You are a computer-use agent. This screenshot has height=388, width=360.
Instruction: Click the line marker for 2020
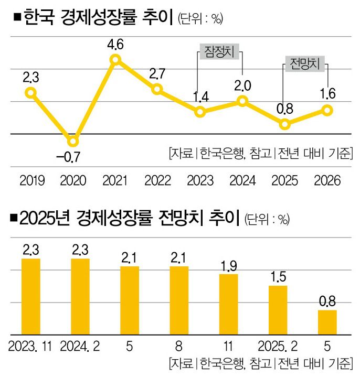[73, 141]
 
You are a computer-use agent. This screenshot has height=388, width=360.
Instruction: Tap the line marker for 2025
[285, 124]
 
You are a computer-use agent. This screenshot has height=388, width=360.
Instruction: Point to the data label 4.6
[115, 45]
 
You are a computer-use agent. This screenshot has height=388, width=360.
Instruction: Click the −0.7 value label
[73, 156]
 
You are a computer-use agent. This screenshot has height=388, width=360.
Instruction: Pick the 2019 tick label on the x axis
[32, 181]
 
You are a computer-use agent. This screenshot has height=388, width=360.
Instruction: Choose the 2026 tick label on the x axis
[327, 181]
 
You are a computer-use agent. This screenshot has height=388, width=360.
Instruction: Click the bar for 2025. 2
[278, 310]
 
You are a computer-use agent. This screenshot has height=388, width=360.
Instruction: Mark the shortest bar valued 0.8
[327, 322]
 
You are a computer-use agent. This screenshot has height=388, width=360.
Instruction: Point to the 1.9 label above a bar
[228, 265]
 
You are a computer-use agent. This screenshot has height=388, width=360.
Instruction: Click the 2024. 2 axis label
[80, 347]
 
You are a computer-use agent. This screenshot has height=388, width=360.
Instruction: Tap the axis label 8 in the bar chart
[178, 347]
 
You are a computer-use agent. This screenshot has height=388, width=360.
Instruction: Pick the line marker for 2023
[200, 112]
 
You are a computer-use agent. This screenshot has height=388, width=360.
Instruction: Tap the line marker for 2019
[31, 93]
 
